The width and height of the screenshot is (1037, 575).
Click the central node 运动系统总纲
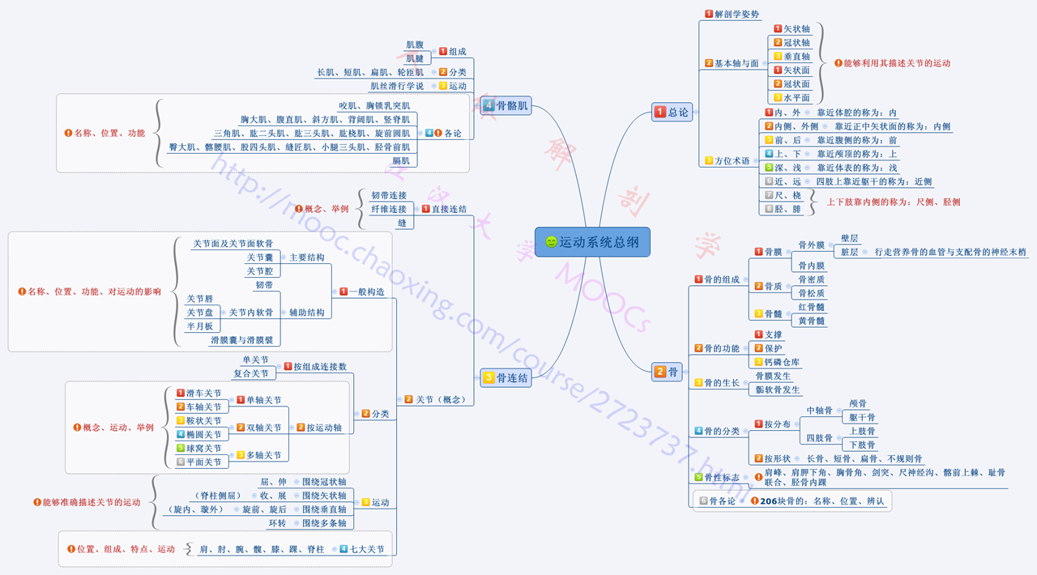[x=592, y=241]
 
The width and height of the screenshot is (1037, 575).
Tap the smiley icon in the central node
[x=552, y=242]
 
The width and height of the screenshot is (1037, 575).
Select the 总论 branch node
[x=672, y=113]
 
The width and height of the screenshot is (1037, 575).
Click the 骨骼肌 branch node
[x=506, y=105]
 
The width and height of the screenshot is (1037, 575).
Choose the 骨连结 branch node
[x=506, y=377]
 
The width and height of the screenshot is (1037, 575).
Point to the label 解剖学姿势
[x=736, y=15]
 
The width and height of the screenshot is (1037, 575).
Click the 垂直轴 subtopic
[x=796, y=57]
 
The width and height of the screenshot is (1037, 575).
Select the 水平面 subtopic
[x=796, y=98]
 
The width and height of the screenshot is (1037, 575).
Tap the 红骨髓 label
[x=811, y=307]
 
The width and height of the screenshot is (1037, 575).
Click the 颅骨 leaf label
[x=857, y=403]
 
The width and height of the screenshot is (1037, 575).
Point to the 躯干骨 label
[x=861, y=417]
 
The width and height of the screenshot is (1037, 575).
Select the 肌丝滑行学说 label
[x=397, y=86]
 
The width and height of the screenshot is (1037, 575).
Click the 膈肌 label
[x=400, y=161]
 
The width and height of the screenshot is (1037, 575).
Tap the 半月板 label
[x=199, y=326]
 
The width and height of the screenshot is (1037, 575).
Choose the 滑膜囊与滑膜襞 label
[x=241, y=340]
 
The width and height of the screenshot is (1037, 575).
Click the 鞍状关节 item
[x=203, y=421]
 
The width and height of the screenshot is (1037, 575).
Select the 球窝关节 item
[x=203, y=449]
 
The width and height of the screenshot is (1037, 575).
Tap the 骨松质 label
[x=811, y=293]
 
